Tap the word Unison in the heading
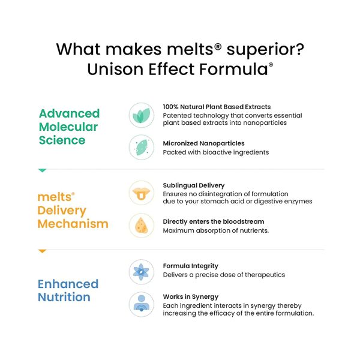(115, 69)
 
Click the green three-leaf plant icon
(142, 115)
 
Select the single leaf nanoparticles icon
(142, 147)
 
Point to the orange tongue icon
(142, 193)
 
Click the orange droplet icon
(142, 226)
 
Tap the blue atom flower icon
(141, 272)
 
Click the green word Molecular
(68, 127)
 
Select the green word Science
(62, 140)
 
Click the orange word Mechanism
(73, 224)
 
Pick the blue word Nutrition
(64, 297)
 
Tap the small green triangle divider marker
(43, 170)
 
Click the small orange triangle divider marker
(43, 251)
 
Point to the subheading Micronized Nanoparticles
(203, 143)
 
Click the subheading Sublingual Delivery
(194, 185)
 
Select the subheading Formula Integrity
(191, 266)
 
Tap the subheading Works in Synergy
(191, 297)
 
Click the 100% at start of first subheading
(170, 107)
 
